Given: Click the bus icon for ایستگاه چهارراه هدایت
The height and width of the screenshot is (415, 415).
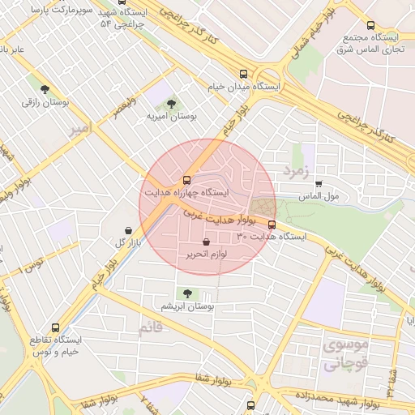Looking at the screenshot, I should pyautogui.click(x=187, y=179).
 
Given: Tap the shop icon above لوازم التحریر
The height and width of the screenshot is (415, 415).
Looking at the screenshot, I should pyautogui.click(x=207, y=242).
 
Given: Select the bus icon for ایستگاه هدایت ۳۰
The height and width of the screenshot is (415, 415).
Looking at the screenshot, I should pyautogui.click(x=272, y=225).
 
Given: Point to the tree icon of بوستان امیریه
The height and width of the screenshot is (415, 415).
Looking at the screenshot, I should pyautogui.click(x=171, y=104).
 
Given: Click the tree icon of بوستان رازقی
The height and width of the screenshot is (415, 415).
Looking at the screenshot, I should pyautogui.click(x=44, y=90).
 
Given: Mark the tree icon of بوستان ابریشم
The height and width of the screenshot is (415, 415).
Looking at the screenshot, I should pyautogui.click(x=188, y=293).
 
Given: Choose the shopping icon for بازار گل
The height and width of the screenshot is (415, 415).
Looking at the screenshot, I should pyautogui.click(x=129, y=230).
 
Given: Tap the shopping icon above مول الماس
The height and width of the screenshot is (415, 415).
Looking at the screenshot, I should pyautogui.click(x=319, y=184).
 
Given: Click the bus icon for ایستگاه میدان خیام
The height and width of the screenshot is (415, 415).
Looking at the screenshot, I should pyautogui.click(x=244, y=72).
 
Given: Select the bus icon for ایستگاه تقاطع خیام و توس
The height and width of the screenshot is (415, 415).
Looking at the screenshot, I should pyautogui.click(x=55, y=327).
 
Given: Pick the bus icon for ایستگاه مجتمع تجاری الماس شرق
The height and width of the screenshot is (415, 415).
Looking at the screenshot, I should pyautogui.click(x=370, y=25).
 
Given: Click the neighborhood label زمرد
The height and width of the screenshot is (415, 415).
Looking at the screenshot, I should pyautogui.click(x=297, y=171).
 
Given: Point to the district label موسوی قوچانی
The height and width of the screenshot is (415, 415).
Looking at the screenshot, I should pyautogui.click(x=346, y=354).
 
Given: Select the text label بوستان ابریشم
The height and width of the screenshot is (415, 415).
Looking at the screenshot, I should pyautogui.click(x=187, y=307).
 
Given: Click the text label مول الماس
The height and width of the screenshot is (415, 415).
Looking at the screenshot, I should pyautogui.click(x=319, y=197).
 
